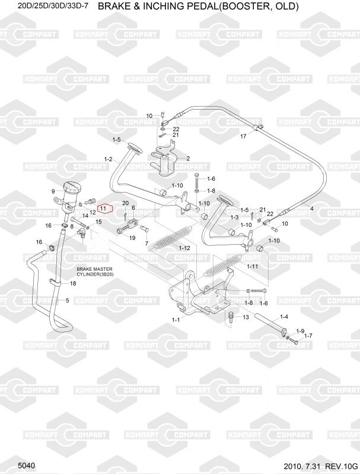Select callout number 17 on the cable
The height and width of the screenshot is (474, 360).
click(x=243, y=136)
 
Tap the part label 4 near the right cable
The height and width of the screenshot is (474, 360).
click(x=328, y=208)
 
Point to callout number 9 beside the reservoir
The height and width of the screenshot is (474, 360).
click(x=53, y=191)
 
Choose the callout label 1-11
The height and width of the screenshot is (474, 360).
click(x=253, y=267)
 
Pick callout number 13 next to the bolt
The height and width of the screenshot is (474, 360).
click(x=246, y=318)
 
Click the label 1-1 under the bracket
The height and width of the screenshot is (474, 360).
click(x=175, y=320)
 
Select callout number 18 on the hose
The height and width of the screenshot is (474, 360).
click(x=73, y=284)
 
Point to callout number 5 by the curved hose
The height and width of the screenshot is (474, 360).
click(x=67, y=300)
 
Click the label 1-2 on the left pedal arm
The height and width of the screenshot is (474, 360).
click(x=108, y=159)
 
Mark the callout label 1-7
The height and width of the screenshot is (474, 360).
click(x=308, y=336)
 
